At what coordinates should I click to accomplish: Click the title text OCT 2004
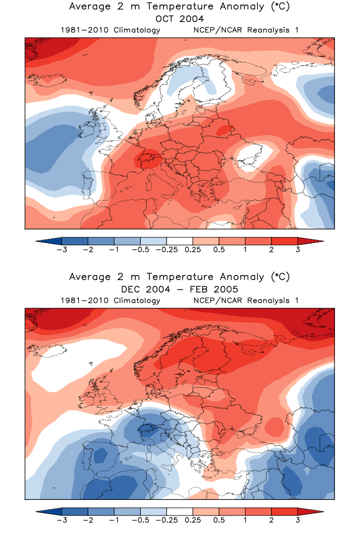(x=179, y=19)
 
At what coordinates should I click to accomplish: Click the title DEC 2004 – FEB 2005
(x=179, y=289)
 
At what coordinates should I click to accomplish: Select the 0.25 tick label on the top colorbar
(x=192, y=250)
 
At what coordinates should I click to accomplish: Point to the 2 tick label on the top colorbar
(x=271, y=250)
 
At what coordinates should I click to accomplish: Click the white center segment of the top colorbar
(x=179, y=241)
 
